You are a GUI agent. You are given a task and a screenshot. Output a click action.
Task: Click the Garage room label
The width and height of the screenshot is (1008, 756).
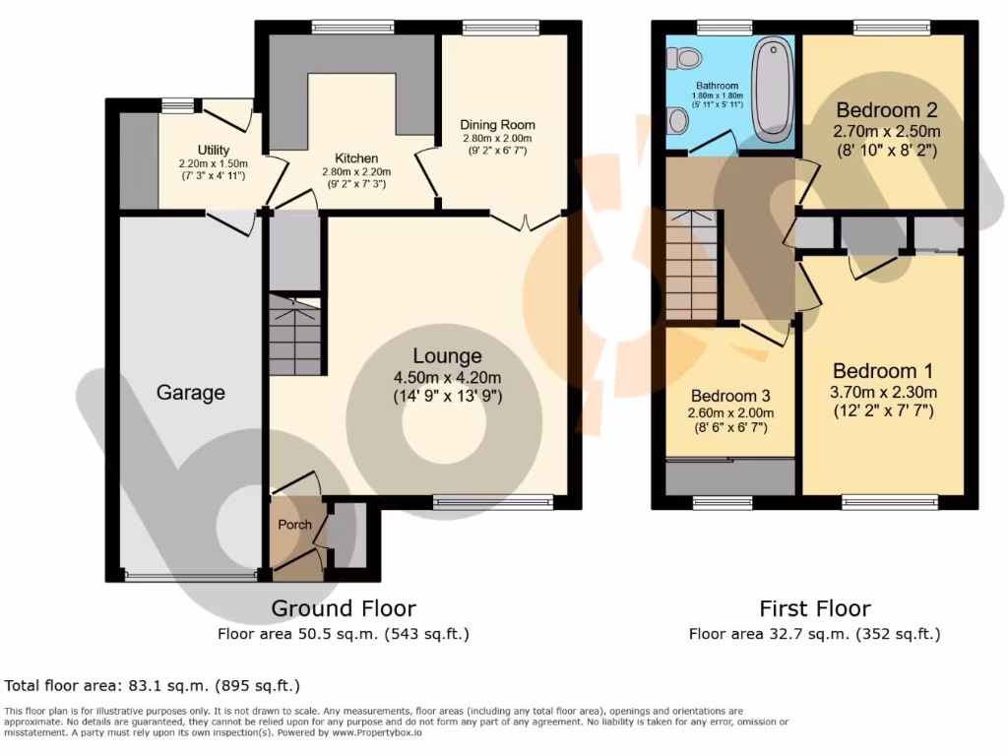(190, 393)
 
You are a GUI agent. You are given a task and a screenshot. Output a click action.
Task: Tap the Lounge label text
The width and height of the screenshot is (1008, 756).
(447, 356)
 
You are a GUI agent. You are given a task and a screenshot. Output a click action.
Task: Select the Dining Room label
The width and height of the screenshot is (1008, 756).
(498, 125)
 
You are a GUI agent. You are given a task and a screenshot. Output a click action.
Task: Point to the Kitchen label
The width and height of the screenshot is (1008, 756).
(355, 157)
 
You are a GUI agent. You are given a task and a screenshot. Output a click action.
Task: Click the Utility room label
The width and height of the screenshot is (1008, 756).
(213, 150)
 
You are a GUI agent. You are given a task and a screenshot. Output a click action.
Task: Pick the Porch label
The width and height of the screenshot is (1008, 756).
(294, 524)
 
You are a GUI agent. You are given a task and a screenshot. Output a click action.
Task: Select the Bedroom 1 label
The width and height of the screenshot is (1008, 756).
(882, 371)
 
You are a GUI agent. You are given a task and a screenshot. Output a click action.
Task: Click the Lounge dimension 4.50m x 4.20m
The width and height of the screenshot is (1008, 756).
(447, 378)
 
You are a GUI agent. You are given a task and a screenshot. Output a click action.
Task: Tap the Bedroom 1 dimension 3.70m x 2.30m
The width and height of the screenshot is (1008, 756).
(883, 392)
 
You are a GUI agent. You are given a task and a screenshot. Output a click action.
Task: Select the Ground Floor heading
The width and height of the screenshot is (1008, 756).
(344, 608)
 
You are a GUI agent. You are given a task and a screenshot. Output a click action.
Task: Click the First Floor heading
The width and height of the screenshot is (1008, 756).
(814, 608)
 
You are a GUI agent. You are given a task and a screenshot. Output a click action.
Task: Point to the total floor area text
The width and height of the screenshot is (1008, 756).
(153, 685)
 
